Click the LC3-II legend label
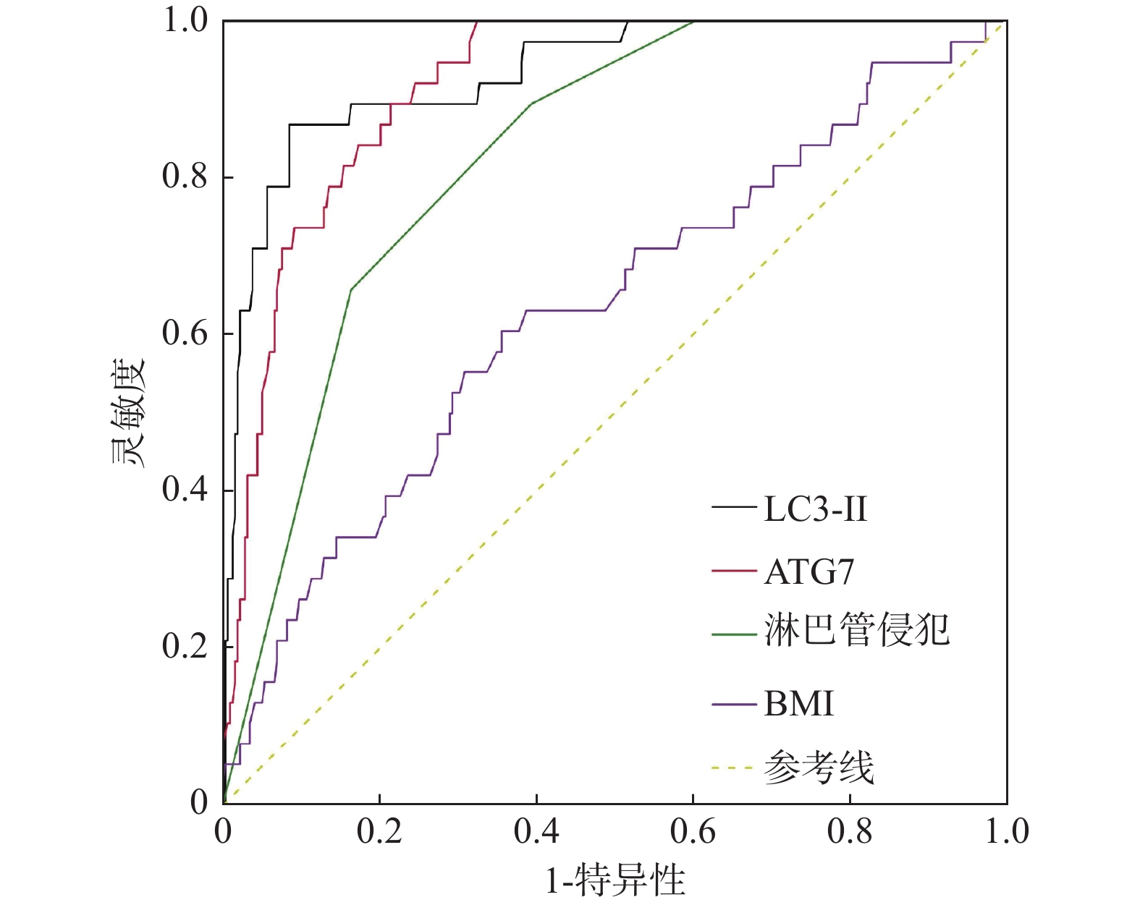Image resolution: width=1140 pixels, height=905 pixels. [x=815, y=509]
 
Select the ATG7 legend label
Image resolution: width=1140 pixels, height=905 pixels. [x=809, y=572]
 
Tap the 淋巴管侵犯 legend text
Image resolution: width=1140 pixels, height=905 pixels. [x=856, y=629]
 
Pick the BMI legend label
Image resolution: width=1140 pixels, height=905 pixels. [x=798, y=703]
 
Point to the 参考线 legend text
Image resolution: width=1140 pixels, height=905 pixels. [x=819, y=767]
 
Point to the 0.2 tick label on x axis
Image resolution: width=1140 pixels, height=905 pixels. [x=379, y=832]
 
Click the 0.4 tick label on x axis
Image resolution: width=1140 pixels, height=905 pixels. [x=536, y=832]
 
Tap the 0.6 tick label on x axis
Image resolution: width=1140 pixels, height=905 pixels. [x=693, y=832]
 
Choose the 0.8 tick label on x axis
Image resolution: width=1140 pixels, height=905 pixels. [x=850, y=832]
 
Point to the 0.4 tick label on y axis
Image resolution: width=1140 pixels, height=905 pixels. [x=185, y=490]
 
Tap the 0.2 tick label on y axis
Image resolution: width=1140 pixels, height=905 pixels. [x=185, y=646]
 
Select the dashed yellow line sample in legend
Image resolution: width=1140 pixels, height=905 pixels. [x=733, y=768]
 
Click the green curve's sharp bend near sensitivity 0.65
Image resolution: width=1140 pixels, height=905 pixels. [x=351, y=289]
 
